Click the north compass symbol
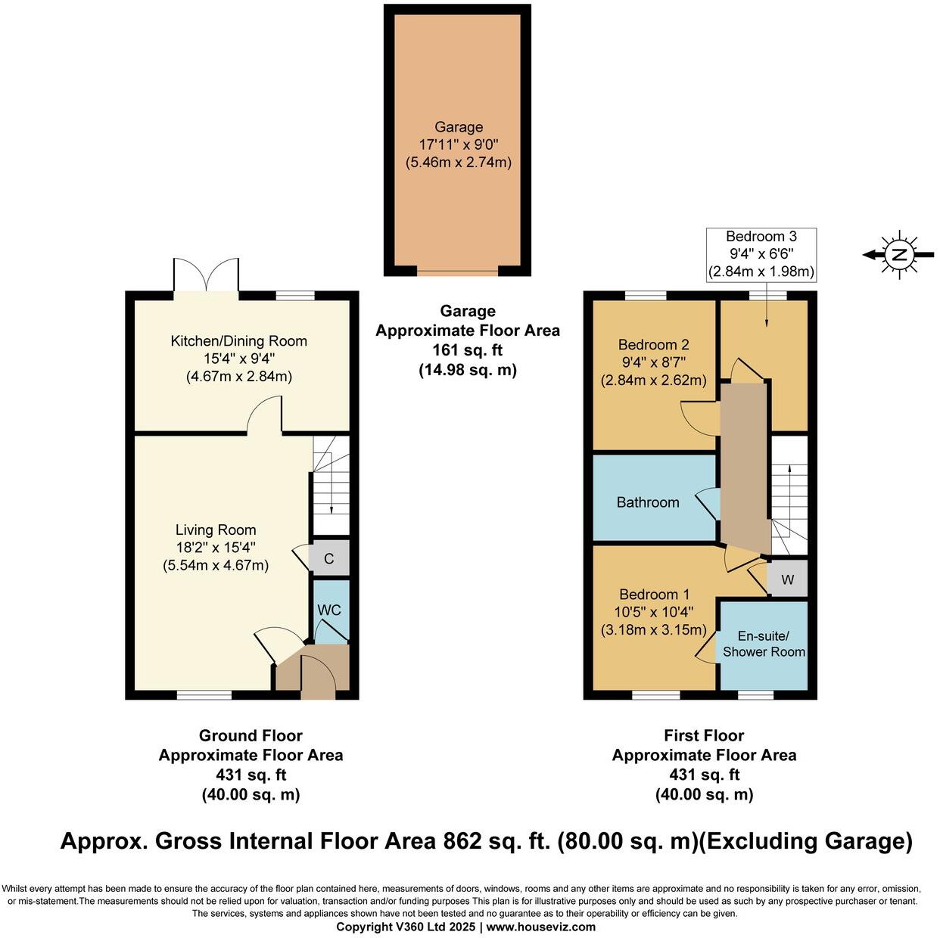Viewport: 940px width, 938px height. pyautogui.click(x=899, y=255)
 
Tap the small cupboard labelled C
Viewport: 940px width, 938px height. pyautogui.click(x=329, y=559)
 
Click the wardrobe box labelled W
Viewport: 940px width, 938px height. pyautogui.click(x=787, y=580)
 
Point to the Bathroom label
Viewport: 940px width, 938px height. pyautogui.click(x=648, y=502)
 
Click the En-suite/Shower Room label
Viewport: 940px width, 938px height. pyautogui.click(x=764, y=644)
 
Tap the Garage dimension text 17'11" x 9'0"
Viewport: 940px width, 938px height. pyautogui.click(x=459, y=144)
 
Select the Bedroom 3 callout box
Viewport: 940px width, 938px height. pyautogui.click(x=761, y=254)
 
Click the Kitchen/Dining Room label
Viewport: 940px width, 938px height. pyautogui.click(x=239, y=341)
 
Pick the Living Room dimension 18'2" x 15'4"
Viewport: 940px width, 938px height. pyautogui.click(x=216, y=547)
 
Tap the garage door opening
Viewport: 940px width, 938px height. pyautogui.click(x=457, y=271)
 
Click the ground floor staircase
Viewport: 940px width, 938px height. pyautogui.click(x=331, y=484)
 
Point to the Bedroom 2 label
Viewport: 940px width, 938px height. pyautogui.click(x=653, y=345)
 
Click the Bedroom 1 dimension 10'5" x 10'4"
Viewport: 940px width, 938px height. pyautogui.click(x=654, y=612)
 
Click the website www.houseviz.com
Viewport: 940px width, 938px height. pyautogui.click(x=541, y=927)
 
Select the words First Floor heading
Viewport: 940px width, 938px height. pyautogui.click(x=704, y=735)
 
